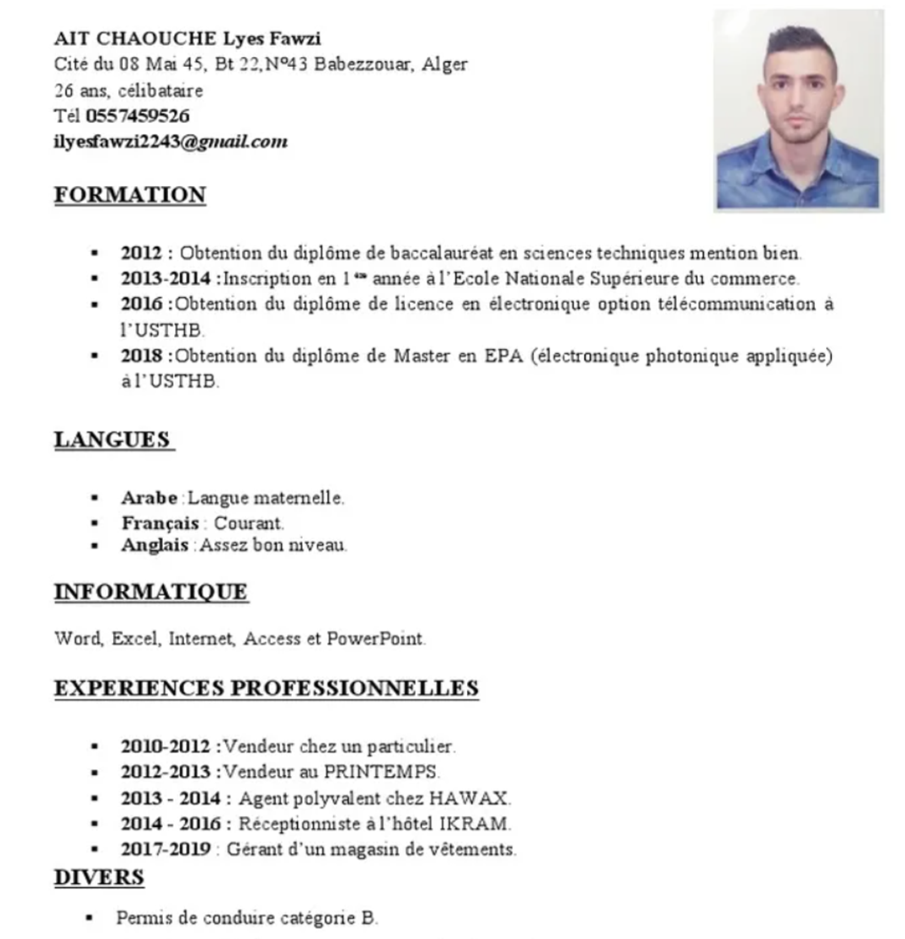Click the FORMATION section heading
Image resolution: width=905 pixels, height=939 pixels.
coord(130,194)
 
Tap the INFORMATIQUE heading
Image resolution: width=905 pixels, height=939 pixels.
coord(151,591)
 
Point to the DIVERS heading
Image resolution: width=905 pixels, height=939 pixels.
coord(99,877)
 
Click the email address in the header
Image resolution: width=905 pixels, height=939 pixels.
coord(171,141)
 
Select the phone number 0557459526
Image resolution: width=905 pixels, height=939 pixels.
coord(138,115)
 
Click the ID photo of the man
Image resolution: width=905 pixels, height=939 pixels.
coord(797,110)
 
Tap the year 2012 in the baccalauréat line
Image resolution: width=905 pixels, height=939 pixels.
coord(141,252)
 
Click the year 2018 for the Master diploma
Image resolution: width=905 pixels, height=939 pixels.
coord(141,356)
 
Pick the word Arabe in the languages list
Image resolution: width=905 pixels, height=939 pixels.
coord(149,498)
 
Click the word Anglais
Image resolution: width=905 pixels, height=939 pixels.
coord(155,545)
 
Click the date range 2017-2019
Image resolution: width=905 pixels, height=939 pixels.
coord(166,849)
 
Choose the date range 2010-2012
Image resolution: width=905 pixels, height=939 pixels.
coord(166,746)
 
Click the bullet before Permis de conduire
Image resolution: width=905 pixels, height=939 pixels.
coord(88,918)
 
